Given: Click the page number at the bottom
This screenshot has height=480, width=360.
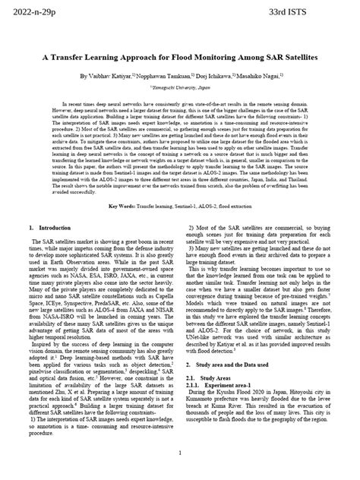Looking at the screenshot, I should click(x=180, y=453).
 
